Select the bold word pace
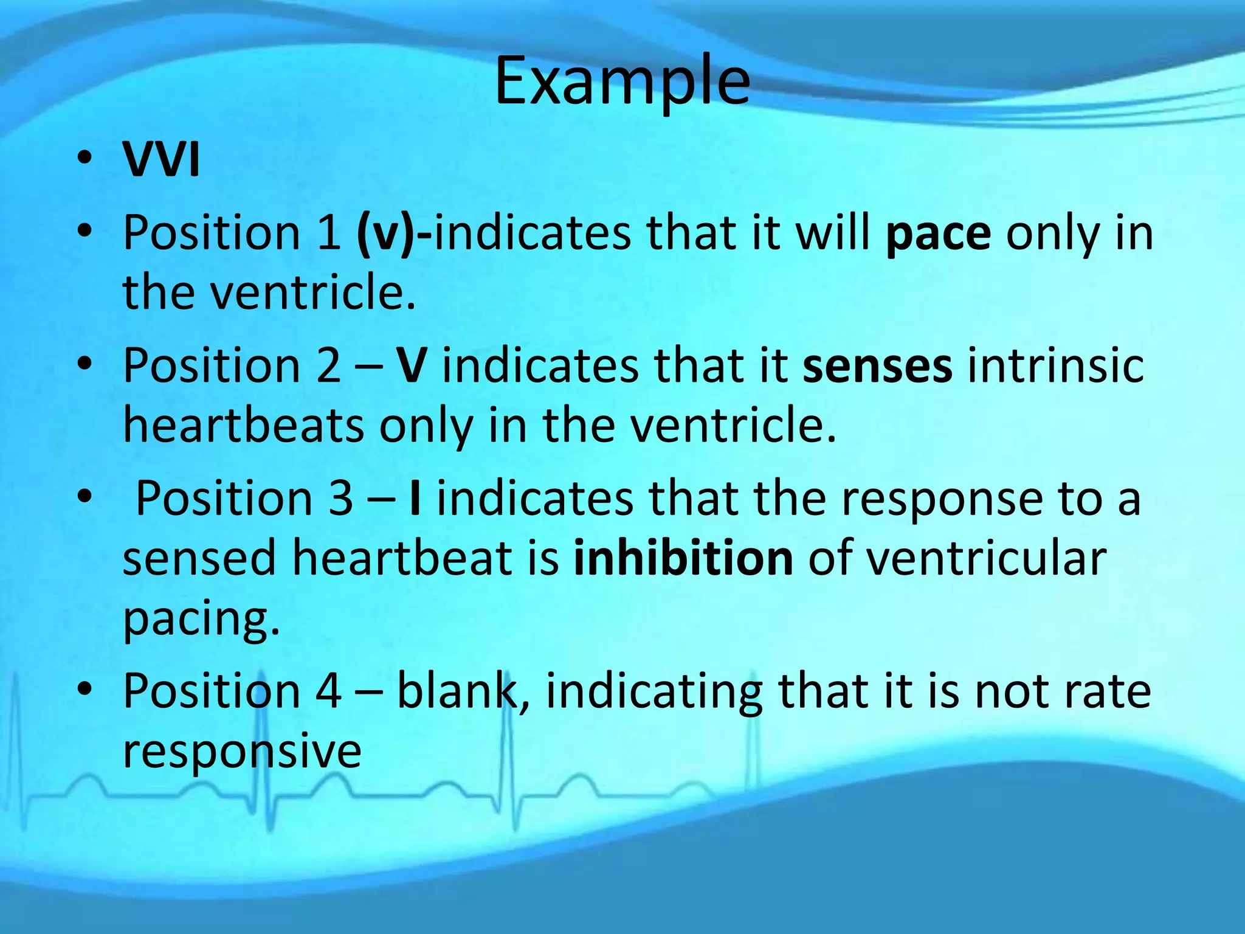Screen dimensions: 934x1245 tap(938, 234)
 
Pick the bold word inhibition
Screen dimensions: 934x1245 tap(683, 559)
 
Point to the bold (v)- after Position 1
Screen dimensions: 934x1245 tap(395, 234)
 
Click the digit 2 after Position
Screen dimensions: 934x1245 tap(328, 366)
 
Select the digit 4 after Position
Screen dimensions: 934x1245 tap(328, 692)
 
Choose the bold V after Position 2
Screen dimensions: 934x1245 tap(411, 366)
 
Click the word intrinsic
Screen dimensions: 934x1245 tap(1055, 366)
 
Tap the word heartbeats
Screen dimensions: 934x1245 tap(243, 426)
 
